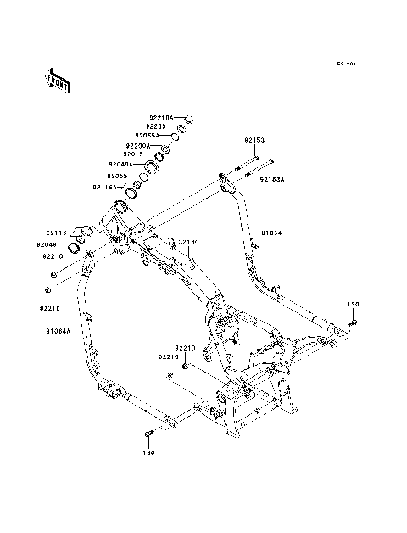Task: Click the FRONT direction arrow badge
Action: point(59,80)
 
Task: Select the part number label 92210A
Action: point(161,117)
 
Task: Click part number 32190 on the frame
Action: point(187,242)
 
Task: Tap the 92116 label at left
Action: point(56,231)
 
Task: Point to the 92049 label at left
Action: point(47,244)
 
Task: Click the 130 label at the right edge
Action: point(354,303)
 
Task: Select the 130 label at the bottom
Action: point(148,452)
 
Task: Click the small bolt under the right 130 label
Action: point(354,321)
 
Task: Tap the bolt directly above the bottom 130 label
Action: point(148,435)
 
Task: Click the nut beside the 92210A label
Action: point(188,118)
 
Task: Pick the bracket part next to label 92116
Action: point(82,231)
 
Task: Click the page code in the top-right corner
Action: point(345,64)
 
